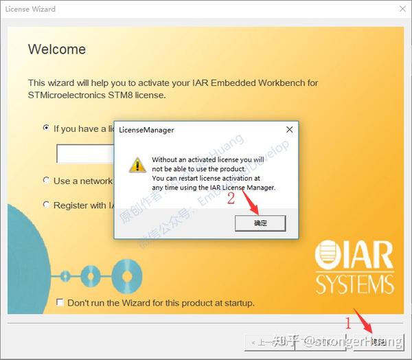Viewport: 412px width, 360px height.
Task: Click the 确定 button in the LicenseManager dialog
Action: click(x=260, y=223)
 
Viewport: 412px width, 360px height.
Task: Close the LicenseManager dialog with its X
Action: click(x=289, y=129)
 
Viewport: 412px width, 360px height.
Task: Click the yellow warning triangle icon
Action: click(x=137, y=165)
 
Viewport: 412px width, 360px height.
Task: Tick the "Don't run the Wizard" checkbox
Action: click(x=60, y=302)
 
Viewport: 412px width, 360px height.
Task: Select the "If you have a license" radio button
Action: click(x=46, y=128)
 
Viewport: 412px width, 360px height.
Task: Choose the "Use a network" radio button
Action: click(x=46, y=181)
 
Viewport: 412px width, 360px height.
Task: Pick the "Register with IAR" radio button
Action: click(x=46, y=205)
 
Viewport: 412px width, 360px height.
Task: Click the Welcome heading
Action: click(x=57, y=49)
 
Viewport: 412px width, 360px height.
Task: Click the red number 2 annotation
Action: click(x=231, y=199)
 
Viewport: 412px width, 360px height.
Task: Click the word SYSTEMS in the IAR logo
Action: click(x=354, y=283)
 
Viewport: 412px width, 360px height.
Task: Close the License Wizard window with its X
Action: click(x=401, y=9)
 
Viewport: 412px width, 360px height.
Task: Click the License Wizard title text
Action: click(x=30, y=9)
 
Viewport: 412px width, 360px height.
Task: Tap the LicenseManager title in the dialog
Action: click(x=146, y=129)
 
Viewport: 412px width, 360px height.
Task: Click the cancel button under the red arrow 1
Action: click(x=378, y=341)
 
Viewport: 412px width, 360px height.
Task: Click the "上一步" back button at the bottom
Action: click(x=268, y=341)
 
